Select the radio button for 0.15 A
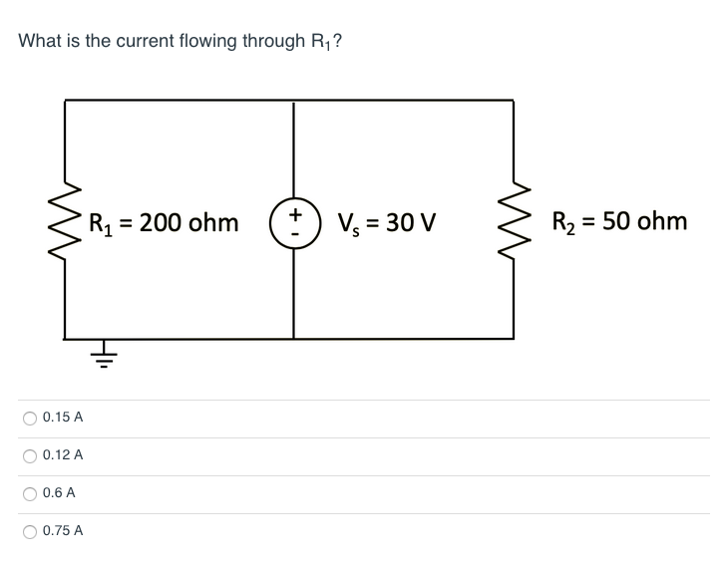[x=31, y=418]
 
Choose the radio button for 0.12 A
[x=31, y=455]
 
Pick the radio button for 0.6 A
[x=31, y=493]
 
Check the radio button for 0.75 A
[x=31, y=531]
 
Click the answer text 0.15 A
[x=63, y=418]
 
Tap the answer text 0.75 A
[x=63, y=531]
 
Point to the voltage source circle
[x=293, y=220]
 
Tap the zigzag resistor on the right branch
[x=514, y=220]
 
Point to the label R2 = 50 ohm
[x=617, y=221]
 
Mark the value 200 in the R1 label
[x=160, y=221]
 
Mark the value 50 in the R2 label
[x=617, y=220]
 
